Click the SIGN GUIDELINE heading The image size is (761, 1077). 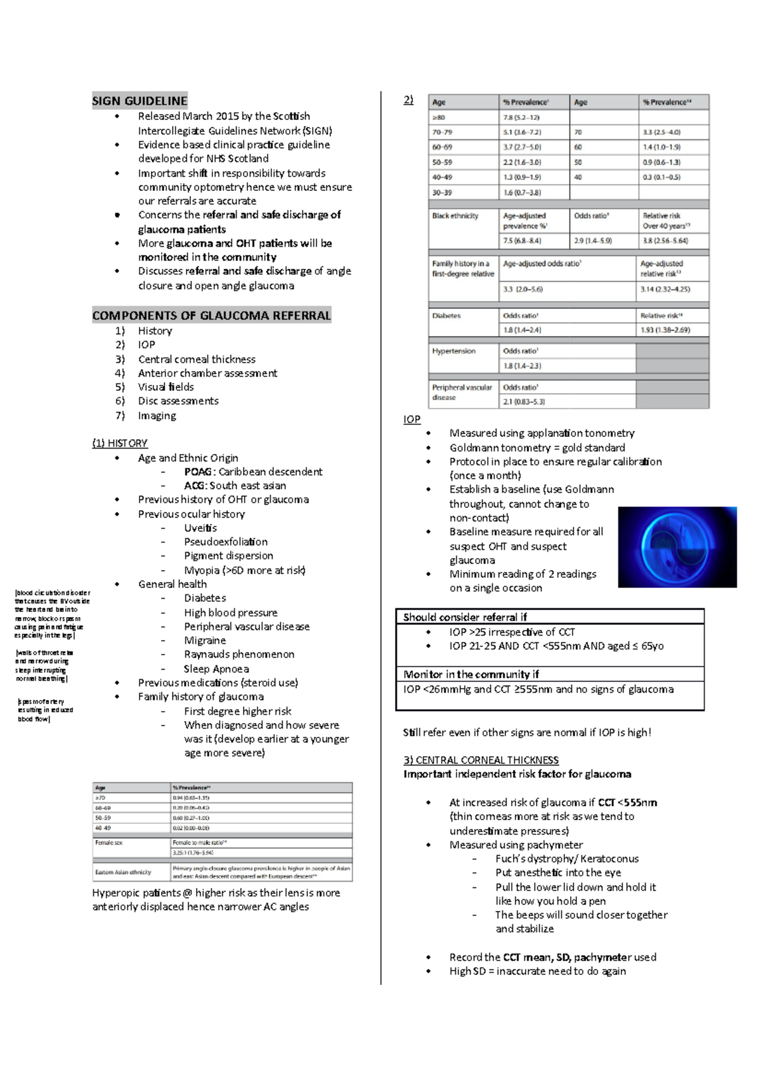pyautogui.click(x=140, y=101)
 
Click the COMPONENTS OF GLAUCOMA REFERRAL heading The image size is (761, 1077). pyautogui.click(x=211, y=315)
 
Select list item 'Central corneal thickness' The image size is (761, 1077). pyautogui.click(x=197, y=359)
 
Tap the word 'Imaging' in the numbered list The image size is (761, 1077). pyautogui.click(x=157, y=415)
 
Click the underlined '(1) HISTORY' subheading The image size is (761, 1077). pyautogui.click(x=120, y=443)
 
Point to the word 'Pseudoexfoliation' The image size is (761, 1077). pyautogui.click(x=226, y=542)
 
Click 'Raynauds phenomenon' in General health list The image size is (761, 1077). pyautogui.click(x=239, y=654)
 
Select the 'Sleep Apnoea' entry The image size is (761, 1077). pyautogui.click(x=216, y=669)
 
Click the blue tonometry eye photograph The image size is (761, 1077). pyautogui.click(x=677, y=547)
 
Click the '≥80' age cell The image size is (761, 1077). pyautogui.click(x=439, y=117)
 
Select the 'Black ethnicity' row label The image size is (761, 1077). pyautogui.click(x=455, y=216)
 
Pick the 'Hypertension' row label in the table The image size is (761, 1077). pyautogui.click(x=453, y=351)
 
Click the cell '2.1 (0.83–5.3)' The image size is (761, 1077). pyautogui.click(x=524, y=401)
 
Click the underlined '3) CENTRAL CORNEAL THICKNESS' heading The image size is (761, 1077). pyautogui.click(x=481, y=760)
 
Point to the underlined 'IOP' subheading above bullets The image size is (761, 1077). pyautogui.click(x=412, y=419)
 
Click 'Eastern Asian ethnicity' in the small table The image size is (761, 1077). pyautogui.click(x=123, y=872)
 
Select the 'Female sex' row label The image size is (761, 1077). pyautogui.click(x=108, y=843)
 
